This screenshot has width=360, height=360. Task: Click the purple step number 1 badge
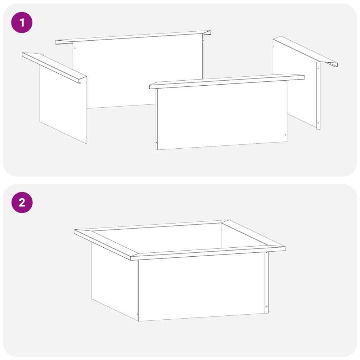[22, 22]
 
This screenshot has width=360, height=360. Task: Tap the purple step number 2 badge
[22, 202]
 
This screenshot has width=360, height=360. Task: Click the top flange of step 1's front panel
[227, 81]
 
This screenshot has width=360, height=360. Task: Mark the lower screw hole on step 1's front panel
[285, 135]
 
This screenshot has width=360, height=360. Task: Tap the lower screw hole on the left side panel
[86, 137]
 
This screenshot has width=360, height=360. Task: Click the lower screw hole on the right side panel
[318, 123]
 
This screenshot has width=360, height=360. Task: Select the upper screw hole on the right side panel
[318, 68]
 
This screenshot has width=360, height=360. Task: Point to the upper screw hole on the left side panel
[86, 83]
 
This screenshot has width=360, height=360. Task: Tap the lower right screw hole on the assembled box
[266, 306]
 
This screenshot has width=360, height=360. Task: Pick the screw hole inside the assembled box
[221, 230]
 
